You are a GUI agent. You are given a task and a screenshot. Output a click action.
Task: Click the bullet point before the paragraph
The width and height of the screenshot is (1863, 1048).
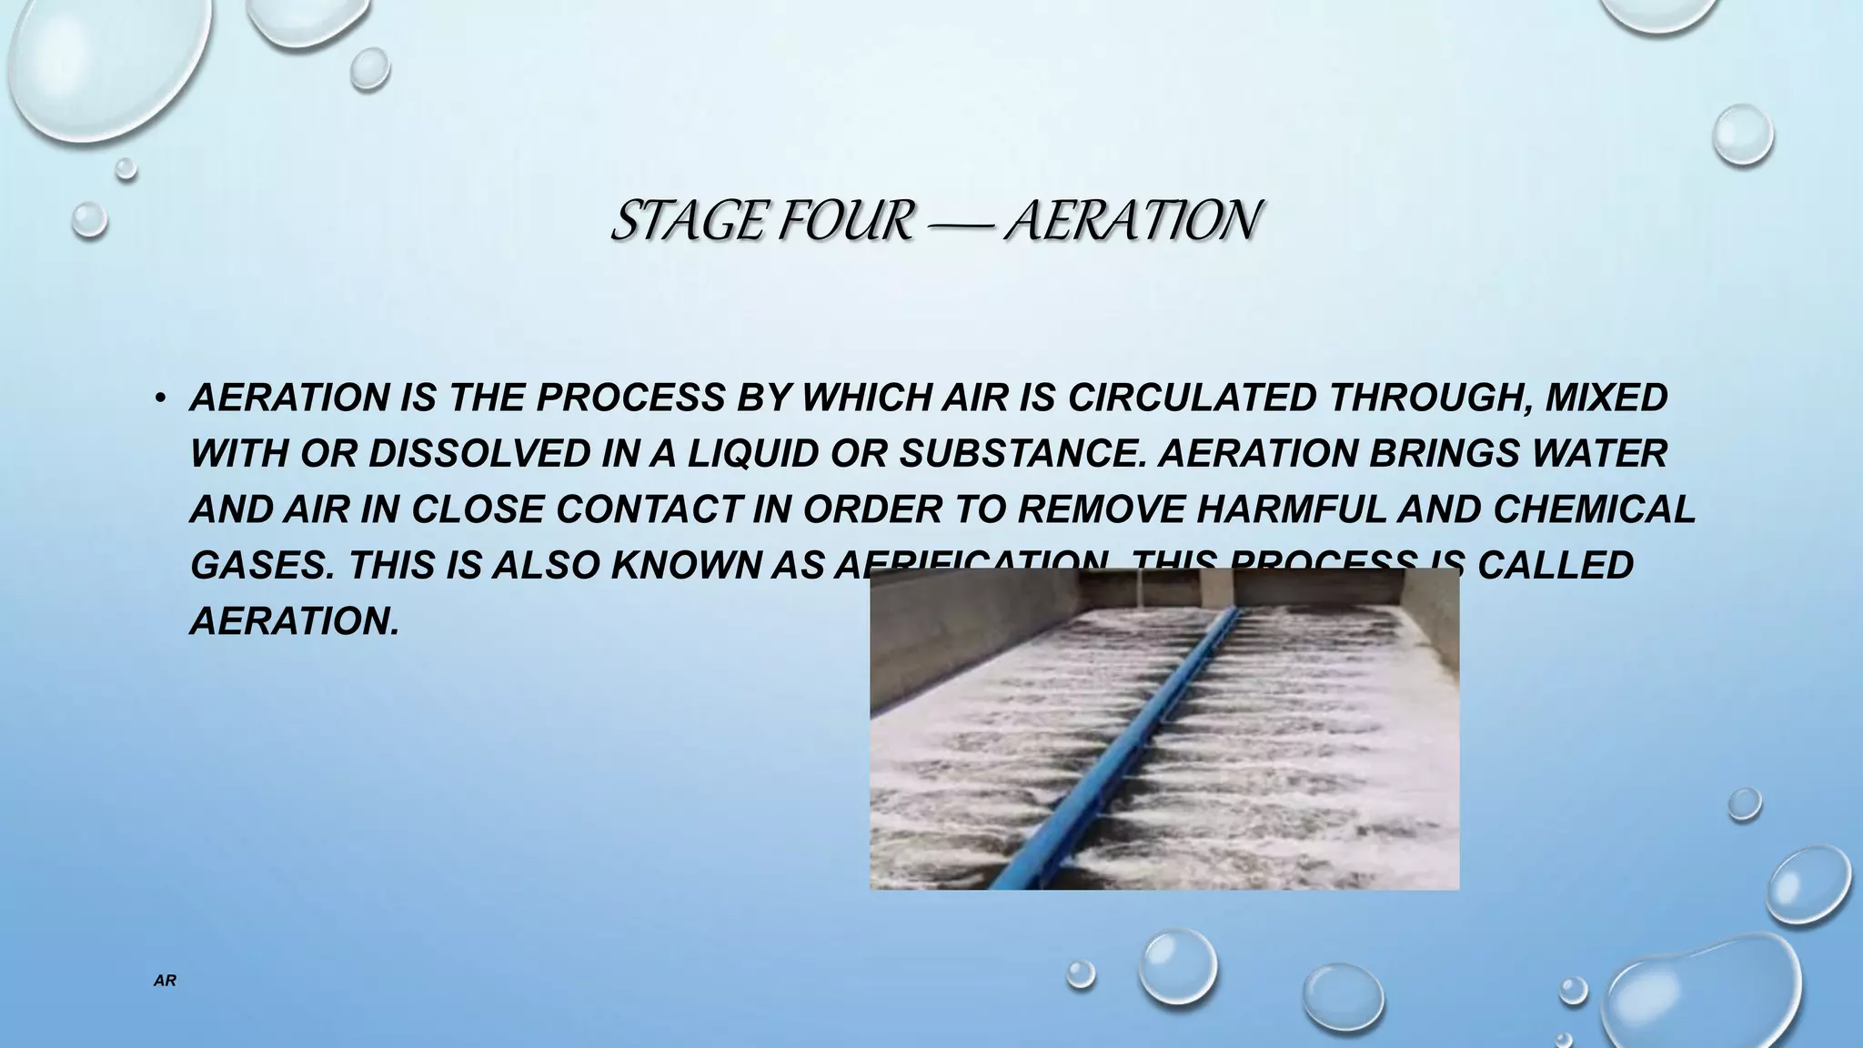(x=159, y=398)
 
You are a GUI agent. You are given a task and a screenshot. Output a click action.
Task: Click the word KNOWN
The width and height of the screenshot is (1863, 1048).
(x=686, y=566)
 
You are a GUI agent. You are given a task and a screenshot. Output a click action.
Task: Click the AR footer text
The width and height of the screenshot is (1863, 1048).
(x=165, y=982)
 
